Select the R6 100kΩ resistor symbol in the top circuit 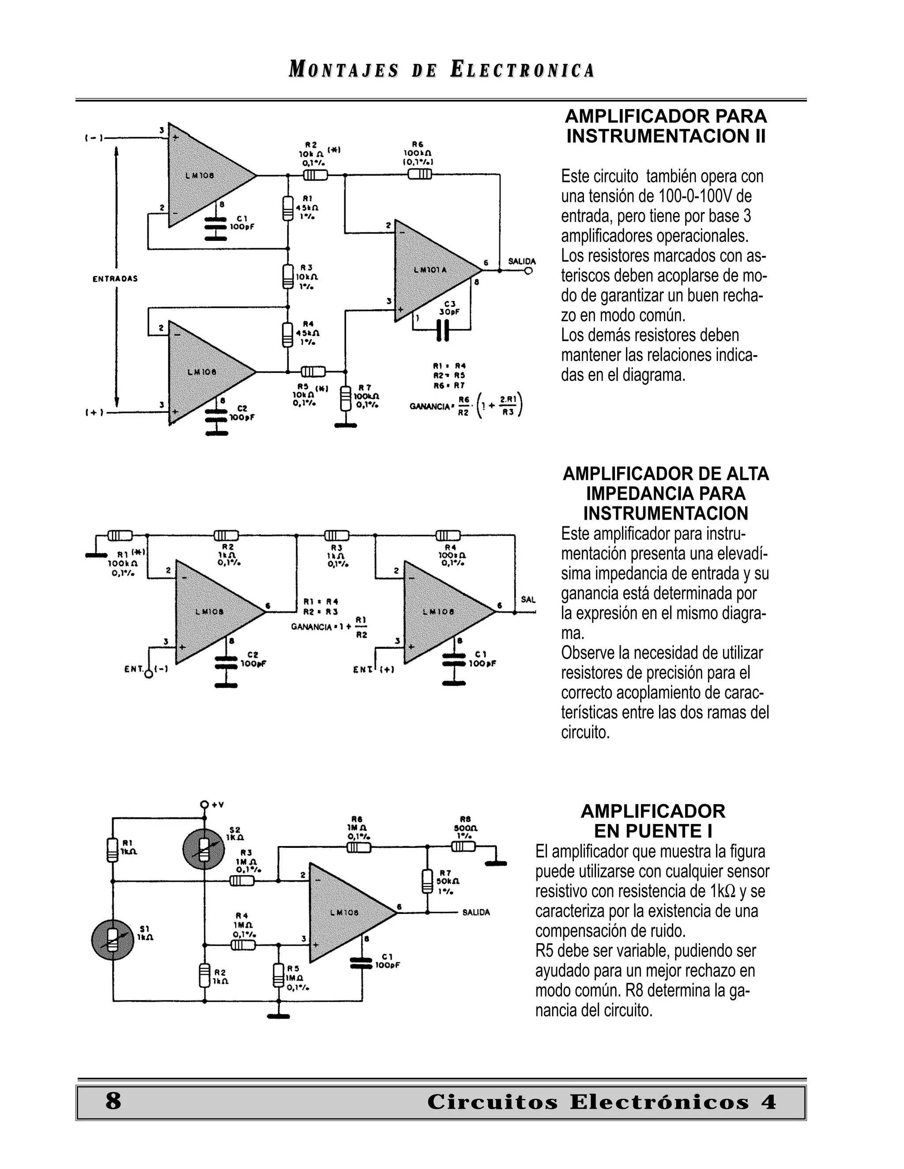(x=419, y=175)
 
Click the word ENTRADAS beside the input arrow (x=115, y=278)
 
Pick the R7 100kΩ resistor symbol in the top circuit (x=346, y=399)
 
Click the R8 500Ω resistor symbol (x=463, y=846)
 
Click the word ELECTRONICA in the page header (x=522, y=70)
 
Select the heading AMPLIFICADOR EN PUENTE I (x=652, y=821)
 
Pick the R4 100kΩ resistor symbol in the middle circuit (x=448, y=535)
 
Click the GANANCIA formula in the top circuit (x=466, y=405)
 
